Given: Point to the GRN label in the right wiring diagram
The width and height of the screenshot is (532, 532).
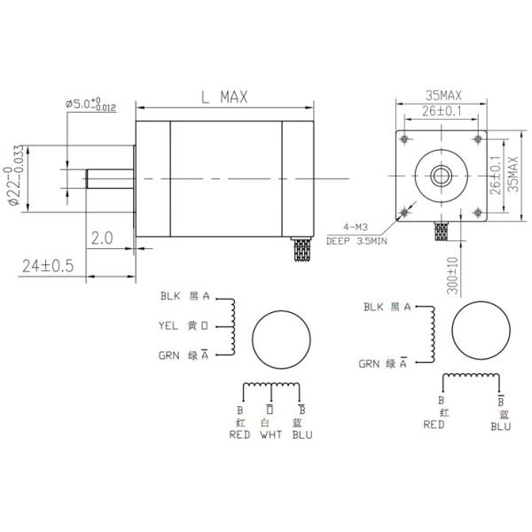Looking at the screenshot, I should point(370,363).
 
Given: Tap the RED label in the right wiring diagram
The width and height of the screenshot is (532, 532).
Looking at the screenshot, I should point(434,425).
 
